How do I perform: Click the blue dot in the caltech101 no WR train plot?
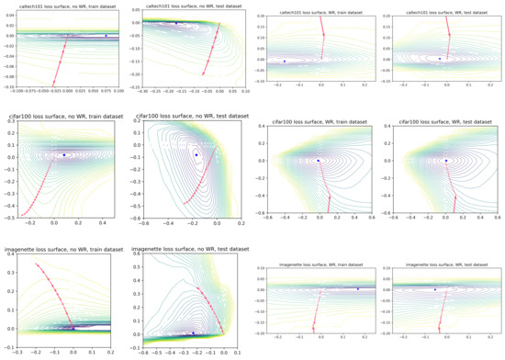[106, 36]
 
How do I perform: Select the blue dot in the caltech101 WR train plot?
[284, 62]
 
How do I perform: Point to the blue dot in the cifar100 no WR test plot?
[196, 155]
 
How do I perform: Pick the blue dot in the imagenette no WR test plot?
[193, 332]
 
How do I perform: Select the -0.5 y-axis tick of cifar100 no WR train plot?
[11, 217]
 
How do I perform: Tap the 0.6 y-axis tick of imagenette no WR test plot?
[138, 255]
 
